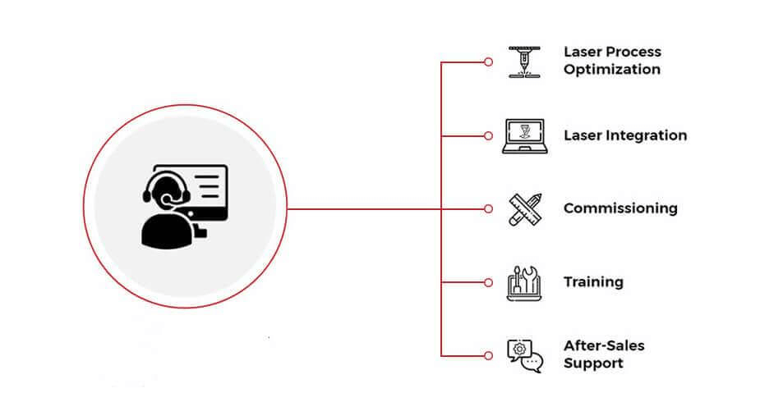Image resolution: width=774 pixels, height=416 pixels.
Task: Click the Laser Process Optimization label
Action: click(611, 61)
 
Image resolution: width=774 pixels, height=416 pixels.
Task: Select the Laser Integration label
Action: click(624, 135)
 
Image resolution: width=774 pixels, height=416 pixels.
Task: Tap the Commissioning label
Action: click(620, 208)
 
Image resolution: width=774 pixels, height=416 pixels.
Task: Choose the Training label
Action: click(592, 282)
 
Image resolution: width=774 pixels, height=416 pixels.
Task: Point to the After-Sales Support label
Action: click(603, 354)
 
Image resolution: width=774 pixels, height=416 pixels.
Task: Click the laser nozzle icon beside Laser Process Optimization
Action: click(523, 62)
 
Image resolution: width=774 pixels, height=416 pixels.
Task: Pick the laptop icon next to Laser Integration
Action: click(523, 135)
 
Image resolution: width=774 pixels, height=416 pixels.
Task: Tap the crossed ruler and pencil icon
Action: click(523, 208)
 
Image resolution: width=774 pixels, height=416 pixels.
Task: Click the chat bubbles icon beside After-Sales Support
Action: click(525, 355)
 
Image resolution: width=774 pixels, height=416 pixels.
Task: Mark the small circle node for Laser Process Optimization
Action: click(488, 62)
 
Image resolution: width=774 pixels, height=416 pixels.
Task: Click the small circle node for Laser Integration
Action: click(488, 135)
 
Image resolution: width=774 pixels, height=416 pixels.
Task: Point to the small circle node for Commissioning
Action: click(488, 208)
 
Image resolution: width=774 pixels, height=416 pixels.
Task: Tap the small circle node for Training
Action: click(488, 282)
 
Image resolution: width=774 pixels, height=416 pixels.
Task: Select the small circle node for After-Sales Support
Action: click(488, 355)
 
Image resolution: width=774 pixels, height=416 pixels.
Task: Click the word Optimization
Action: click(611, 70)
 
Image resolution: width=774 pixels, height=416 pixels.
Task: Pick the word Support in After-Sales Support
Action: click(593, 363)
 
